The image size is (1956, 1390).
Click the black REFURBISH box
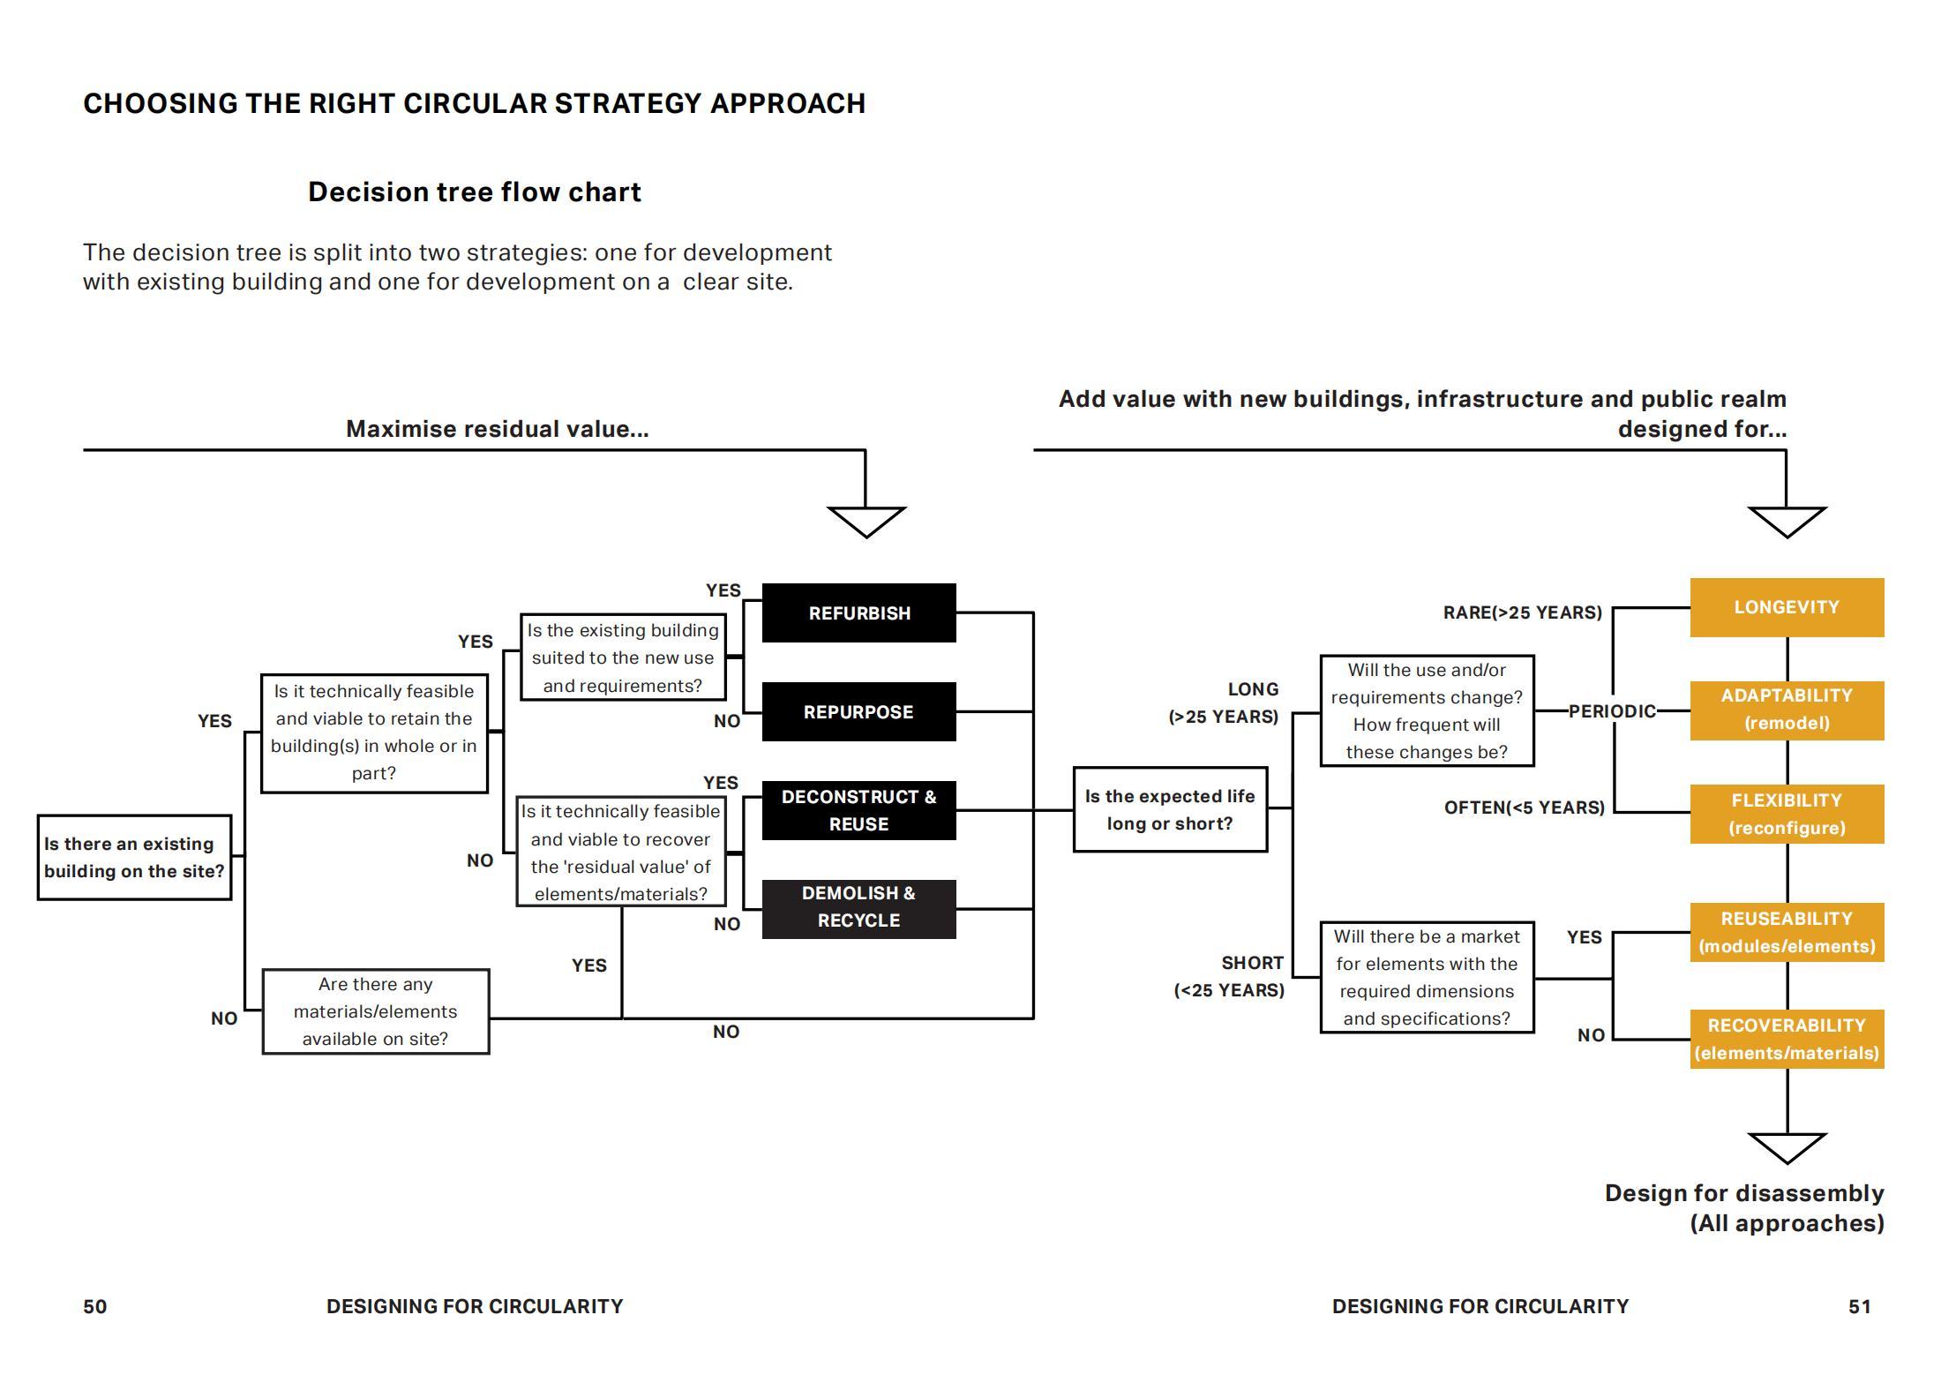click(858, 612)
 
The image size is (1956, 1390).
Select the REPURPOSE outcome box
click(858, 711)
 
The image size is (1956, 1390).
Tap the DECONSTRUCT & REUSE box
click(858, 810)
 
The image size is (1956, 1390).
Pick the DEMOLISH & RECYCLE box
click(858, 908)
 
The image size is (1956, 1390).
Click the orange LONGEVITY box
click(1787, 607)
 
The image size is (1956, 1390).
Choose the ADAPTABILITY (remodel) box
click(1787, 710)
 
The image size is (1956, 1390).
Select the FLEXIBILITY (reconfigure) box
click(1787, 814)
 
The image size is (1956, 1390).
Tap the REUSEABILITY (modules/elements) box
click(1787, 932)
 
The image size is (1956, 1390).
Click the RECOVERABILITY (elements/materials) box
click(1787, 1039)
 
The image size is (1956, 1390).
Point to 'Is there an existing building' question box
click(134, 857)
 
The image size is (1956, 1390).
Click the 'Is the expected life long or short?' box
click(1170, 809)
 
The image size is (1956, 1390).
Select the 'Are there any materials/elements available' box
click(376, 1011)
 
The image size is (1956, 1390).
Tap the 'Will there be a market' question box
click(1427, 977)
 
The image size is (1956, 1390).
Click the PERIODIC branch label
click(1612, 711)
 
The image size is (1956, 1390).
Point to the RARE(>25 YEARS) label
click(1522, 612)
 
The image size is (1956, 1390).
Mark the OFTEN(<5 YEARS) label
click(1524, 808)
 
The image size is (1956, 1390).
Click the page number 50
click(94, 1306)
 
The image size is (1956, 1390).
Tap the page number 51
click(1859, 1306)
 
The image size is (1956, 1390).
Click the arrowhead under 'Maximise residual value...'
click(866, 520)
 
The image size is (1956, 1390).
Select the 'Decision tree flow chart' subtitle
click(474, 192)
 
